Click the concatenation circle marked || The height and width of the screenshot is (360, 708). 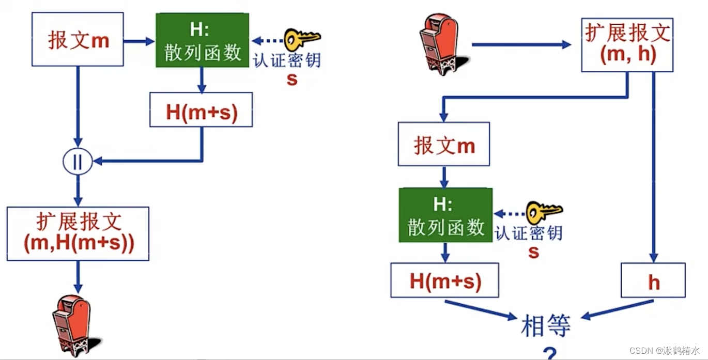tap(78, 162)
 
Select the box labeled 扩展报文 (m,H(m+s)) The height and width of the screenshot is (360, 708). tap(78, 233)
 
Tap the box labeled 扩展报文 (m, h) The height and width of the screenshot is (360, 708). tap(627, 44)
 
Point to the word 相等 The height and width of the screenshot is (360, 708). tap(546, 326)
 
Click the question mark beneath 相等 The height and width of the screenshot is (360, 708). tap(550, 353)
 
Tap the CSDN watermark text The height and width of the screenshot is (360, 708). tap(664, 350)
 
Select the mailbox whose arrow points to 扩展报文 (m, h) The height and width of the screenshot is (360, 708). tap(439, 43)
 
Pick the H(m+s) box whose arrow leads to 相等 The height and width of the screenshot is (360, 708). tap(444, 280)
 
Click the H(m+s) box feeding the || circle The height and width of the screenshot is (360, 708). tap(201, 109)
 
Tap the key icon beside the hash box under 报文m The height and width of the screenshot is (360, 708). tap(544, 211)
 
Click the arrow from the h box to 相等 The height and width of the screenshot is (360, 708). tap(618, 309)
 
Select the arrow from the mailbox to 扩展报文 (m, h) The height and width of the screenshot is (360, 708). tap(521, 45)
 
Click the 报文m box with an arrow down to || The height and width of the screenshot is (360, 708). tap(78, 39)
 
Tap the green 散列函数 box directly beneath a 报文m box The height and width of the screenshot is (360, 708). tap(445, 215)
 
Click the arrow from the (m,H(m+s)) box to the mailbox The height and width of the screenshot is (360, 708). tap(78, 276)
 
